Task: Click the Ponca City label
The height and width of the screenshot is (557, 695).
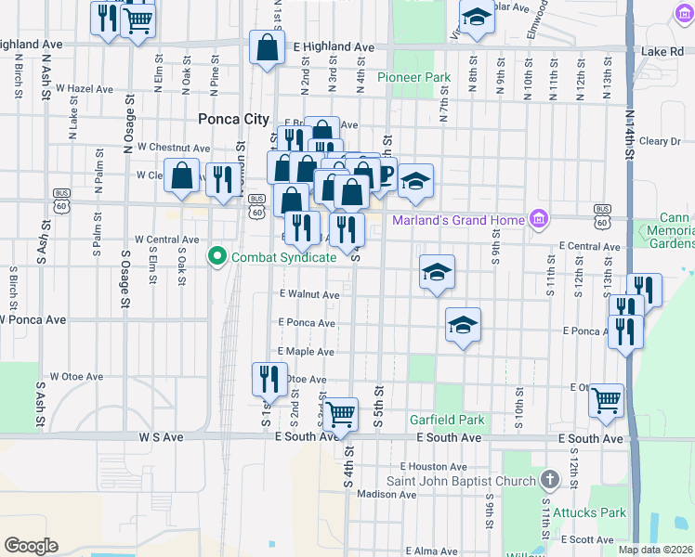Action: tap(233, 119)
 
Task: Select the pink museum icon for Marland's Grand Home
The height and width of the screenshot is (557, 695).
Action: tap(537, 220)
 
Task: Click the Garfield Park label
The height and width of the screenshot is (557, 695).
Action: tap(448, 420)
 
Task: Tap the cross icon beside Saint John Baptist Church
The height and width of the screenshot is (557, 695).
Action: tap(550, 481)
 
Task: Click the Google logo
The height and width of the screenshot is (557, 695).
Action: tap(31, 546)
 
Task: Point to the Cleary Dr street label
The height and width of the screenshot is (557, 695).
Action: tap(661, 141)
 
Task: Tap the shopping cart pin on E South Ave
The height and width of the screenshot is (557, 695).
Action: tap(341, 414)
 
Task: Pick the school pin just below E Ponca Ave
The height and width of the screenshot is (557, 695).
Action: tap(463, 326)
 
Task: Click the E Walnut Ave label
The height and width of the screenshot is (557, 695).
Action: tap(309, 294)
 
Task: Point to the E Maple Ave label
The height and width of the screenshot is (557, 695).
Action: tap(305, 352)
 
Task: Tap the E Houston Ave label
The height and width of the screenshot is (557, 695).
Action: tap(433, 466)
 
